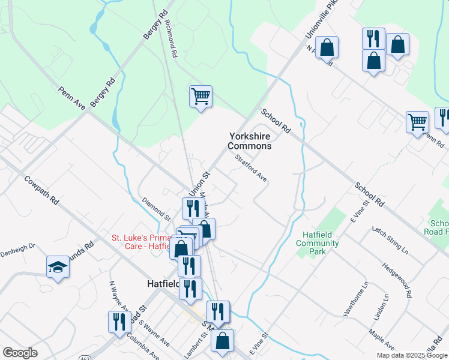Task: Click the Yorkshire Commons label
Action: (x=249, y=141)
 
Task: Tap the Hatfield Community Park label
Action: (x=318, y=244)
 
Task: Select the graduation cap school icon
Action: (x=58, y=268)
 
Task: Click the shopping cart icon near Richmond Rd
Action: (x=200, y=97)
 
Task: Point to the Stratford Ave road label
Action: (x=251, y=167)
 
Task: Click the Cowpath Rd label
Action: (x=42, y=190)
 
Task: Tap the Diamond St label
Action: (x=157, y=208)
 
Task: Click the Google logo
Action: (x=20, y=352)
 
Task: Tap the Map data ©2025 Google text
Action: (x=412, y=355)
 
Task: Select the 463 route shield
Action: (x=84, y=356)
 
